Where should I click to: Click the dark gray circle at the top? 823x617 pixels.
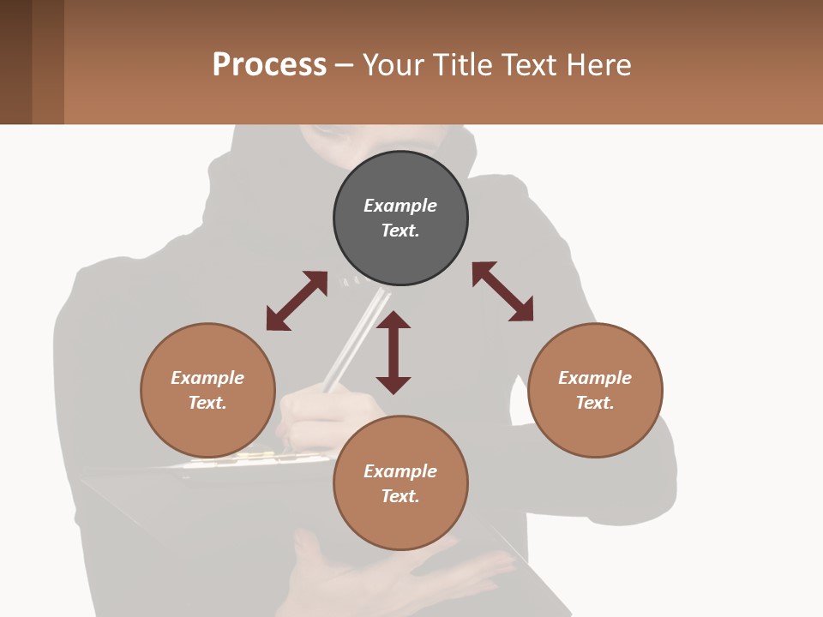pos(400,219)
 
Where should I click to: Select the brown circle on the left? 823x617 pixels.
pos(207,390)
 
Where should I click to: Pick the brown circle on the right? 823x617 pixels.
pos(595,390)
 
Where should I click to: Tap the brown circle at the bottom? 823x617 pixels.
pos(400,483)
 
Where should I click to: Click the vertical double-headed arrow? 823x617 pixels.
pos(393,352)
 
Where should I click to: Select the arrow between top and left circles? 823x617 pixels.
pos(297,301)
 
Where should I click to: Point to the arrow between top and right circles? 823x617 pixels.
pos(502,291)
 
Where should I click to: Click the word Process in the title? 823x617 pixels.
pos(269,64)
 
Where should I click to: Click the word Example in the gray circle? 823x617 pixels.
pos(400,206)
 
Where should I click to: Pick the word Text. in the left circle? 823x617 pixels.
pos(207,403)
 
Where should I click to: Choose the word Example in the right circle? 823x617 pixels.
pos(595,378)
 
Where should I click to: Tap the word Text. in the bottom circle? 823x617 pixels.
pos(400,496)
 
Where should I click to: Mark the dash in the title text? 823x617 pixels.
pos(345,65)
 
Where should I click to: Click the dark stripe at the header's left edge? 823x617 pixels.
pos(15,62)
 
